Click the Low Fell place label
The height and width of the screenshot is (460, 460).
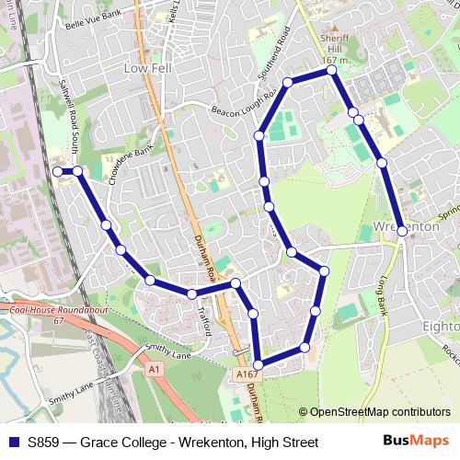coord(148,69)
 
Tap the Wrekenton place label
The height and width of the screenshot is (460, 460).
coord(406,226)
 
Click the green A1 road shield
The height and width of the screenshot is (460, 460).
coord(155,368)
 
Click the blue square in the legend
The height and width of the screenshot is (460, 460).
coord(13,443)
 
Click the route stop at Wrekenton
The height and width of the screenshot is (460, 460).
coord(402,232)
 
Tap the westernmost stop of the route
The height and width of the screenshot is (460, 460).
coord(58,171)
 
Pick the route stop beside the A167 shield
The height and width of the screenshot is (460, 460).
coord(258,365)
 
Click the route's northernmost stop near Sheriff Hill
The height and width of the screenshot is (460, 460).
coord(331,70)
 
